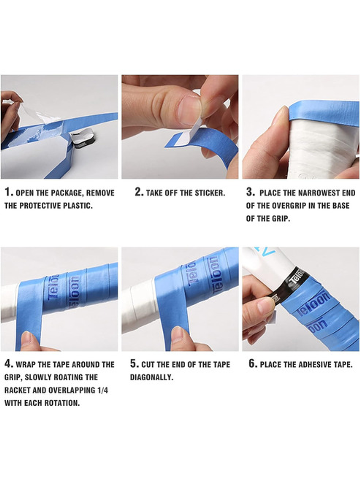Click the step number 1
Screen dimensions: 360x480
coord(9,192)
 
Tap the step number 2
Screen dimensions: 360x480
coord(139,192)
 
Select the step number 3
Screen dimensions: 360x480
coord(251,192)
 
